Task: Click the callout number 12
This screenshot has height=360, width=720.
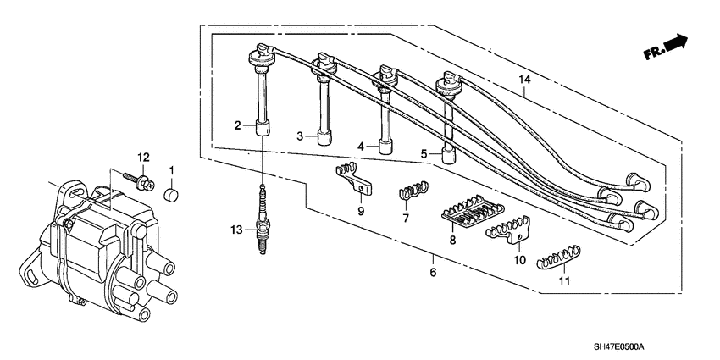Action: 144,158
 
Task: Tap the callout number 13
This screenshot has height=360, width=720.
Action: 238,230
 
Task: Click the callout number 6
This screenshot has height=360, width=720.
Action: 433,272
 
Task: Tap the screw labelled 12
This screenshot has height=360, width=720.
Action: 139,180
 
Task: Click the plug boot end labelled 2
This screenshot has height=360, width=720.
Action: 263,130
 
